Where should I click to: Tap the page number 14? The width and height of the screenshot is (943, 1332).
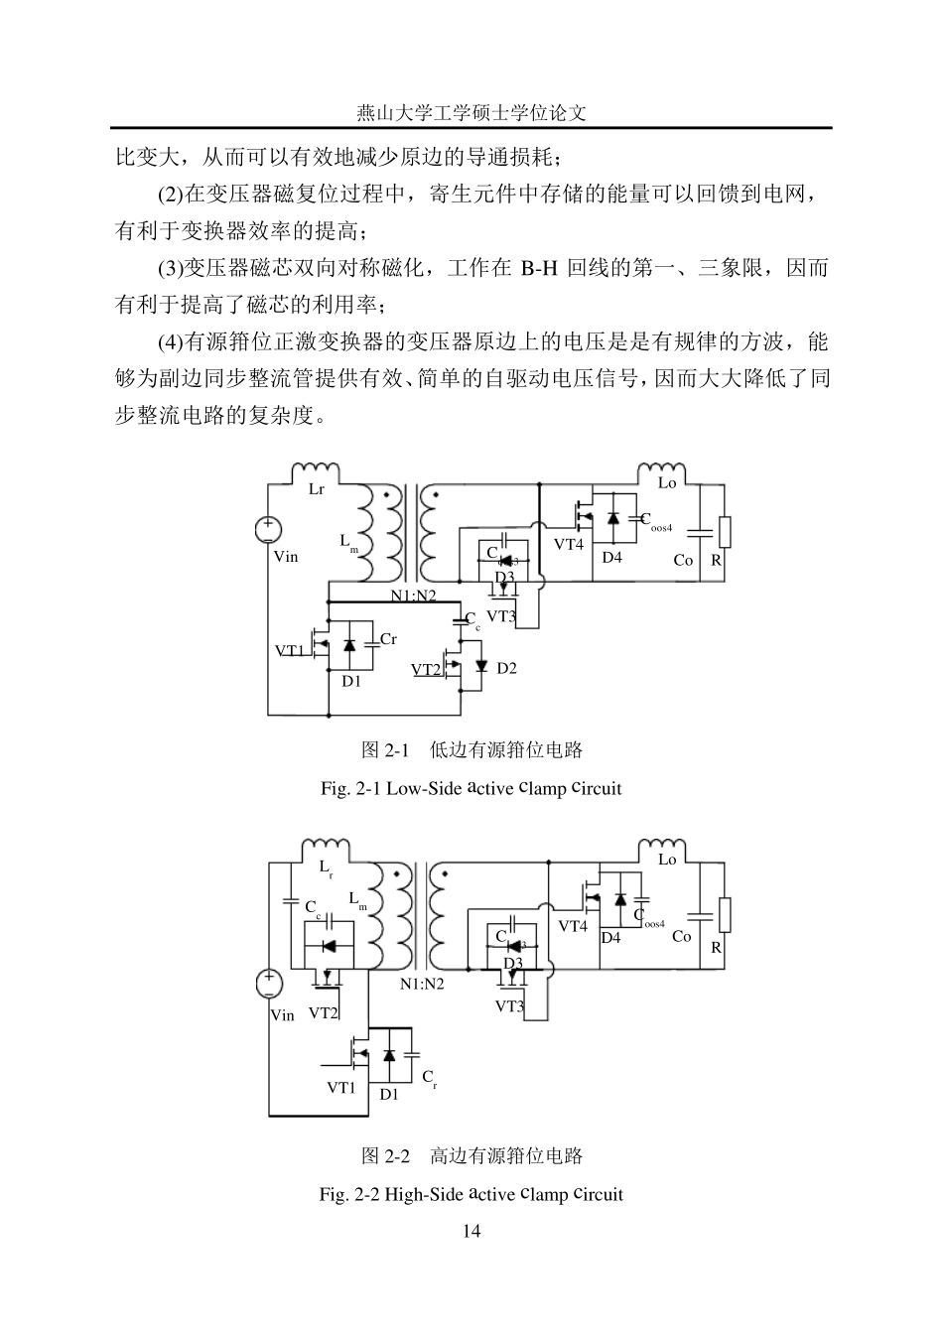coord(471,1232)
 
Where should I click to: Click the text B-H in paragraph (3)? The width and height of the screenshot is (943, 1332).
coord(539,268)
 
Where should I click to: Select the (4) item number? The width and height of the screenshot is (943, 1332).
coord(170,342)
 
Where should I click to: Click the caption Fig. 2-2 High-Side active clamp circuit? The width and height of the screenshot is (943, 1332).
coord(471,1194)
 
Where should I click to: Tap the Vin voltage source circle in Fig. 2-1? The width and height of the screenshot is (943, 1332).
coord(268,530)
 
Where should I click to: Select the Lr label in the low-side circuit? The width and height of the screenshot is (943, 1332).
coord(316,489)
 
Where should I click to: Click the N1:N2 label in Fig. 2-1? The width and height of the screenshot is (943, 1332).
coord(413,596)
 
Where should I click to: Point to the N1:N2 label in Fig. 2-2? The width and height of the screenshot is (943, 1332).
coord(422,984)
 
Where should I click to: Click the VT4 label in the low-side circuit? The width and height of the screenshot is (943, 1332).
coord(569,544)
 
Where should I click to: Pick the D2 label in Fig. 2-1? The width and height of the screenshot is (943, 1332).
coord(506,668)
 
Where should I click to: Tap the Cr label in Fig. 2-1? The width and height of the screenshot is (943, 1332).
coord(388,639)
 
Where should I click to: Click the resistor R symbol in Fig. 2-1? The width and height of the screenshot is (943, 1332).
coord(725,532)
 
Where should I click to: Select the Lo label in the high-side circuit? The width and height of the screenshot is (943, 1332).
coord(667,860)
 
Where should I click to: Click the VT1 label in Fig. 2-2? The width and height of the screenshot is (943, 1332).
coord(340,1088)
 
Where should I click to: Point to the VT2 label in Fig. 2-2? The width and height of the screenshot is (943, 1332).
coord(324,1013)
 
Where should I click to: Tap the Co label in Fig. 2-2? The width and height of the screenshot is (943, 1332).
coord(681,936)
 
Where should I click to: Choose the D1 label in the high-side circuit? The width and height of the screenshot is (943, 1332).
coord(388,1094)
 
